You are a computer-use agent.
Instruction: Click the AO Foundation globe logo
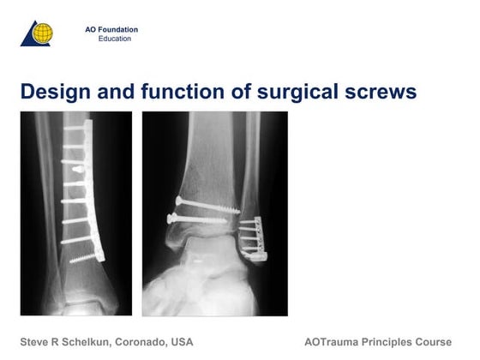36,33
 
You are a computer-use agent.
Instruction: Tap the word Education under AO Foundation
115,39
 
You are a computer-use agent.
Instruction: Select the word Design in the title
52,90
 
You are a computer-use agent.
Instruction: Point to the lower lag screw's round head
171,219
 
